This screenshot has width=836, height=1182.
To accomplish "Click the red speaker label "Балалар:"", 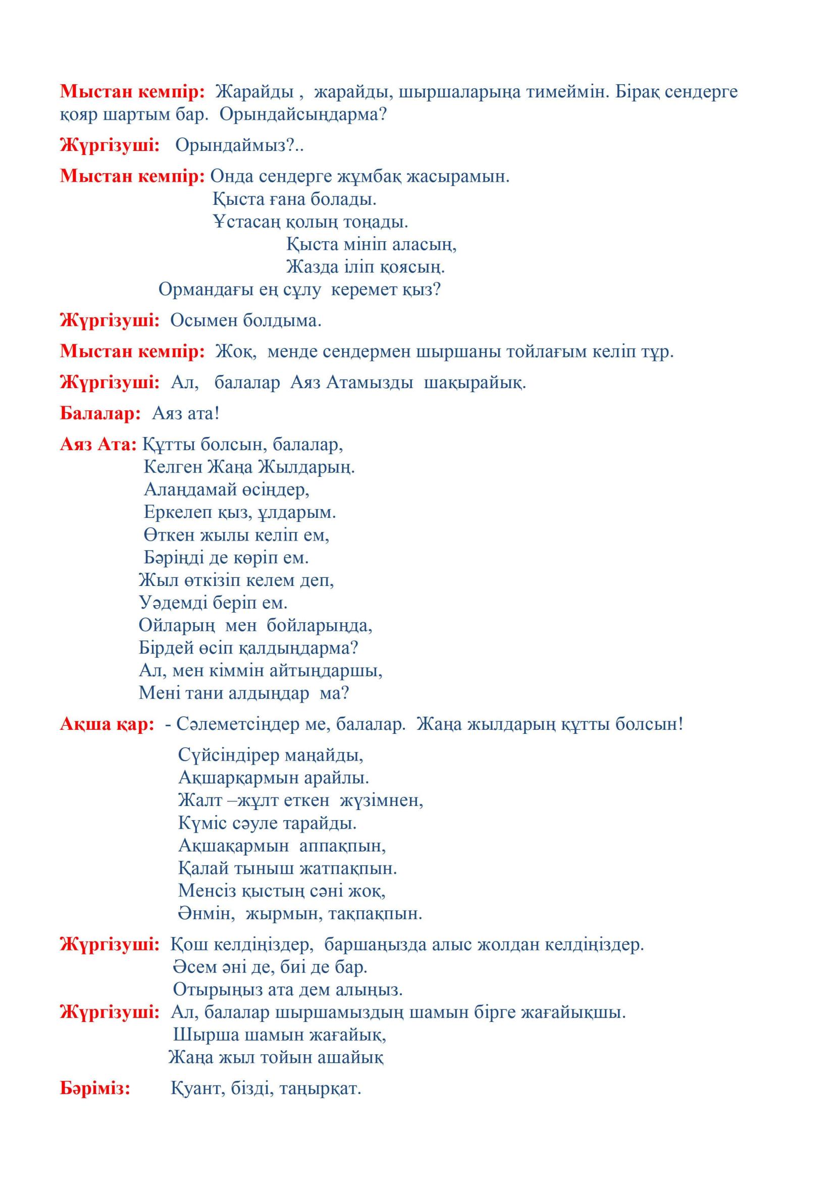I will point(100,413).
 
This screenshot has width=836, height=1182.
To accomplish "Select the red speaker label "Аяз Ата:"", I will point(98,444).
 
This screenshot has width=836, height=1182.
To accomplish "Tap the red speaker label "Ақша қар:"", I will point(107,724).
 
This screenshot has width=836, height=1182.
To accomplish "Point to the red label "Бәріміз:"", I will point(95,1089).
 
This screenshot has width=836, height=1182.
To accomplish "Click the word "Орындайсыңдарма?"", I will point(303,114).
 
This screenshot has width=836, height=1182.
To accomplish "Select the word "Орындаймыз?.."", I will point(239,146).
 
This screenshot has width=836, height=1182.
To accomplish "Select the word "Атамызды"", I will point(370,383).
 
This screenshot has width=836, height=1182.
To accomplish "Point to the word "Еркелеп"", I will point(178,512).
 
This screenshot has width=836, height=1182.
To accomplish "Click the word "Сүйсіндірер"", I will point(228,755).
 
